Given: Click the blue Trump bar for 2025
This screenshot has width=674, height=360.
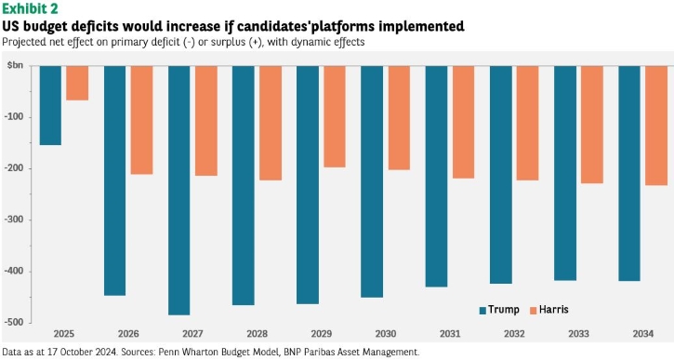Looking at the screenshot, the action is pos(50,105).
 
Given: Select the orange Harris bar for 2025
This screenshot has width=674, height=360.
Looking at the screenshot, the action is pos(77,83).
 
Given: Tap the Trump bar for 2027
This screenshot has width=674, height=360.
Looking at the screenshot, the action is pos(178,191).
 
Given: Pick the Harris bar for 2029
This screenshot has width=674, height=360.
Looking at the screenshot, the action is pos(335,116).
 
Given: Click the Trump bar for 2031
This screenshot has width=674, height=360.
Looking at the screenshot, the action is pos(436,177).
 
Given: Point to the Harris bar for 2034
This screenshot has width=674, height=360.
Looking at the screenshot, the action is pos(656,126).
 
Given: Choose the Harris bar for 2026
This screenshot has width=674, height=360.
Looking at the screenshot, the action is pos(142,120).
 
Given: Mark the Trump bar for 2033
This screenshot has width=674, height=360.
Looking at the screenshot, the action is pos(565,173).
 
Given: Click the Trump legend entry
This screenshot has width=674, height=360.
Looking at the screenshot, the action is pos(499,310).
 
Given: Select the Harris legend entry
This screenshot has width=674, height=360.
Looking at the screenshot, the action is pos(548,310).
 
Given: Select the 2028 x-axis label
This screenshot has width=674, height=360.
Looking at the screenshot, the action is pos(257,334).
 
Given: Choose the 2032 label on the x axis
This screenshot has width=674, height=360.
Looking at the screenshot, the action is pos(514,334).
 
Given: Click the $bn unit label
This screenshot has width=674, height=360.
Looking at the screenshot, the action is pos(15,66).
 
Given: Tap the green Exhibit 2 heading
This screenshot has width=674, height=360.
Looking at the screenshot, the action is pos(30,8).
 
